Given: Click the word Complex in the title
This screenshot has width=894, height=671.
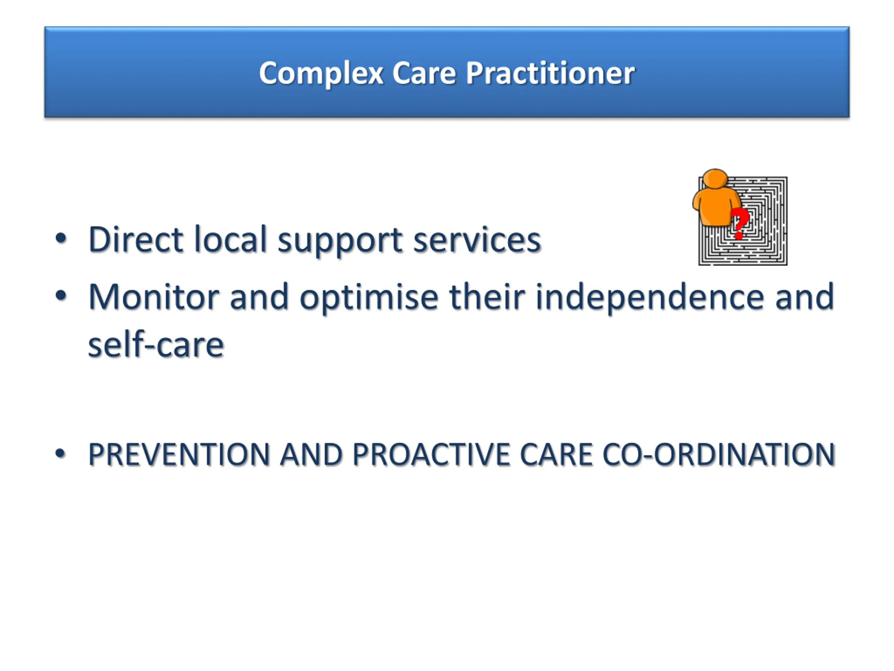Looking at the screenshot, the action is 321,74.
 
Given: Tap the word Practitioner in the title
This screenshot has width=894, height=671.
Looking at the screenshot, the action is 550,74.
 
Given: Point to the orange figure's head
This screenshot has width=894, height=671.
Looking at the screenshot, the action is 715,178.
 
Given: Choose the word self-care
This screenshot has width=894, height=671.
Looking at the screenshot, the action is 156,345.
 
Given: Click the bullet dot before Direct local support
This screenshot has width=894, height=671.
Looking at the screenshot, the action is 61,238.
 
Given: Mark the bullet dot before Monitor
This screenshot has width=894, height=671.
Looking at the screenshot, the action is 61,296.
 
